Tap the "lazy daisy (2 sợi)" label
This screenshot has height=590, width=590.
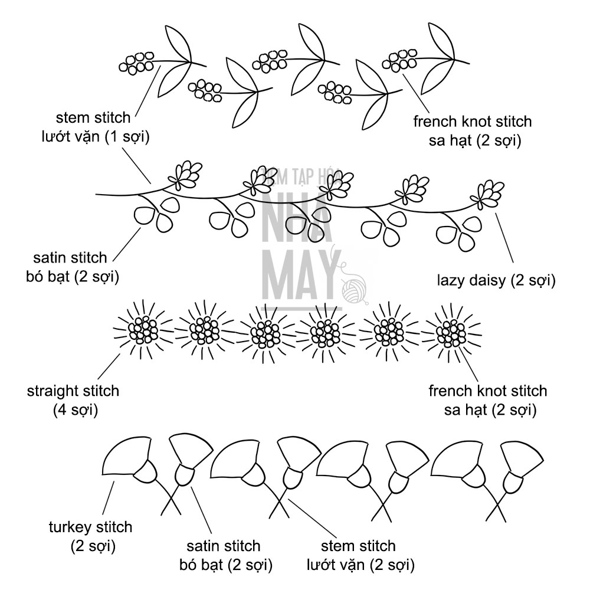click(496, 281)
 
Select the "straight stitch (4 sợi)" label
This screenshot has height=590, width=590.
click(73, 399)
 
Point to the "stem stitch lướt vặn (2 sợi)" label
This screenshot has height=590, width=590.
click(359, 555)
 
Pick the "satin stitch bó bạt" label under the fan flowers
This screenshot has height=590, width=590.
click(224, 555)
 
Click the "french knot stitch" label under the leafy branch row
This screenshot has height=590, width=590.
click(472, 131)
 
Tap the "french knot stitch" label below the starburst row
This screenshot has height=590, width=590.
click(487, 399)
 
